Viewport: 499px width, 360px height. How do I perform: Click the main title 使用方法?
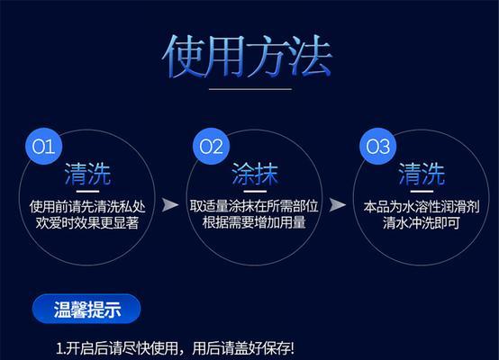(248, 57)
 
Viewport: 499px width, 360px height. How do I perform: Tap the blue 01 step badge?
(43, 147)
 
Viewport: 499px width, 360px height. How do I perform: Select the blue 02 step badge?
(211, 147)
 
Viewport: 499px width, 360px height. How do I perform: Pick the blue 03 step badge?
(377, 147)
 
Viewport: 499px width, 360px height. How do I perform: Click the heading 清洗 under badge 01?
(87, 174)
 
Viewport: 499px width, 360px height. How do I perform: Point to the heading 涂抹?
(255, 174)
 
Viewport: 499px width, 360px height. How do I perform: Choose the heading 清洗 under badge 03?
(422, 174)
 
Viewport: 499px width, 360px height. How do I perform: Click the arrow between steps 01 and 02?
(170, 205)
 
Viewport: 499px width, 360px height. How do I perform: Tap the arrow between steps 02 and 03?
(338, 205)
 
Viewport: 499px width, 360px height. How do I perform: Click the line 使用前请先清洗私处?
(87, 207)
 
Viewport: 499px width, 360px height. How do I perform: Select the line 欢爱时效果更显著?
(87, 222)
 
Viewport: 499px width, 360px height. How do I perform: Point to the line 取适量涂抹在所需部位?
(254, 206)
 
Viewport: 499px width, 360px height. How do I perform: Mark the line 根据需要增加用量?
(254, 222)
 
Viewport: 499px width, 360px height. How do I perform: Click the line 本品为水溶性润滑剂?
(422, 207)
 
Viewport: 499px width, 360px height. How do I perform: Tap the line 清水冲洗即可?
(422, 222)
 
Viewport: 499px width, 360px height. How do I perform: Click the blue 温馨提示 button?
(86, 309)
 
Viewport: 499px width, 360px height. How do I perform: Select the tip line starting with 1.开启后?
(175, 348)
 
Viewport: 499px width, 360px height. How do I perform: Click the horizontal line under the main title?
(250, 89)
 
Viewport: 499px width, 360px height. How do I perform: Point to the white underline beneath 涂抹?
(255, 192)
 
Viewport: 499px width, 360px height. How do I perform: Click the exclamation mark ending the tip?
(292, 348)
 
